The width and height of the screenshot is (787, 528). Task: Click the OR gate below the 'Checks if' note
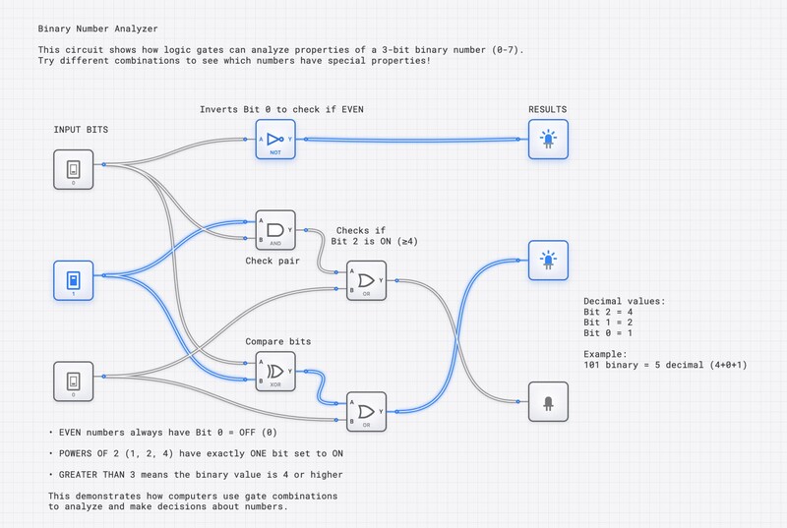[x=366, y=279]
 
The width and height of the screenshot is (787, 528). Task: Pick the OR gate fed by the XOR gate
[x=366, y=412]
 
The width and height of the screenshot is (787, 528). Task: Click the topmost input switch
[x=73, y=170]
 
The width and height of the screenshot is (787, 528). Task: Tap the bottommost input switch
[x=73, y=381]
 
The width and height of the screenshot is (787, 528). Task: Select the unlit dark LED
[x=548, y=401]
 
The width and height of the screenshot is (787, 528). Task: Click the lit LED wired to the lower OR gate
[x=548, y=261]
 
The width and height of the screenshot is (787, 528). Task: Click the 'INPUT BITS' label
[x=81, y=129]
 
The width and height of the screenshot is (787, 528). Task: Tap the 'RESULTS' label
[x=548, y=109]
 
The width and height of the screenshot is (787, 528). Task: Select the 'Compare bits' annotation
[x=278, y=341]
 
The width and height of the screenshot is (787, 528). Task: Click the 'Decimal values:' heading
[x=624, y=300]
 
